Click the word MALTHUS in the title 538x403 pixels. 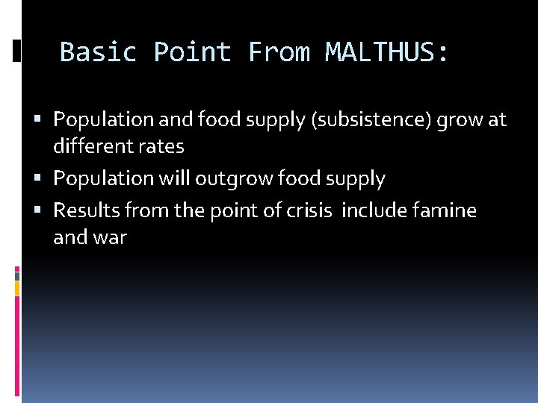click(x=387, y=52)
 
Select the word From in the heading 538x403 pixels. click(x=278, y=52)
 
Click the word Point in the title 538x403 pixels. click(x=192, y=52)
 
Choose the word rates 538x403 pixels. click(x=161, y=146)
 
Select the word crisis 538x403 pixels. click(x=308, y=211)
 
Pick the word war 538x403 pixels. click(x=111, y=238)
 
